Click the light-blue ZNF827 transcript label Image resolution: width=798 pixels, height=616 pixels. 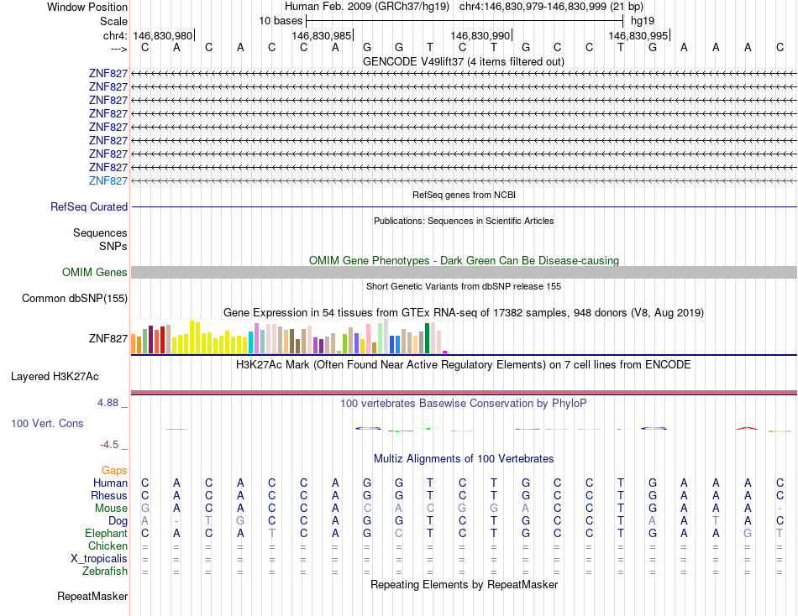pos(108,180)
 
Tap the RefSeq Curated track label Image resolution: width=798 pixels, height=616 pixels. pos(89,206)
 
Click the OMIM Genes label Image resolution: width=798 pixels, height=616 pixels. pos(95,272)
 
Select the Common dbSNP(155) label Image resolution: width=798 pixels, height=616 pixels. pos(75,298)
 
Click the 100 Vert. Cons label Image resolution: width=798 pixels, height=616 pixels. pos(47,423)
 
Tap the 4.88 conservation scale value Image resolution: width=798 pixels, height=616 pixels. pos(111,403)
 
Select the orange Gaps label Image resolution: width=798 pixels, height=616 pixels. pos(114,470)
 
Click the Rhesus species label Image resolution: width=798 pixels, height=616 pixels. pos(109,495)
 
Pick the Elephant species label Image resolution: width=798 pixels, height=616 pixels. pos(106,533)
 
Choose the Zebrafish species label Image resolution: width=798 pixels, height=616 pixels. pos(105,571)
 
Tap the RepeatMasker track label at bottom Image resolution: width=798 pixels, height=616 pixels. pos(92,597)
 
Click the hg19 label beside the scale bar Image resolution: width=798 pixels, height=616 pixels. pos(643,19)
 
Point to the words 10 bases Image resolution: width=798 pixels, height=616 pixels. pos(281,19)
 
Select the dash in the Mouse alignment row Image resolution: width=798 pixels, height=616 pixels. pos(780,509)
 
